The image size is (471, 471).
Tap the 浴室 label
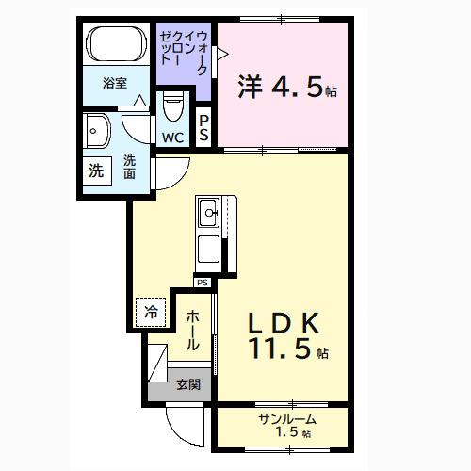pos(115,82)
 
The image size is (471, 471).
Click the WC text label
pos(173,138)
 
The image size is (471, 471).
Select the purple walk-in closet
pos(186,57)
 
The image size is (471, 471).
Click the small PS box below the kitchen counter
pos(203,282)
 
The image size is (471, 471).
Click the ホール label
pos(192,331)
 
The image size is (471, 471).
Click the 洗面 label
pos(129,167)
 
